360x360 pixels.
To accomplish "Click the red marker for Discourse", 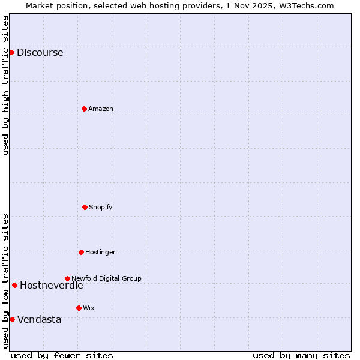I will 11,52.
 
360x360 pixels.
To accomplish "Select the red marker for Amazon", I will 84,109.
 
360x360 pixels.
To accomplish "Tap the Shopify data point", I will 85,207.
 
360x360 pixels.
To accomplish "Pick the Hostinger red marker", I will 81,252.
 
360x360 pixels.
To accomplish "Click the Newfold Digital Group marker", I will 67,278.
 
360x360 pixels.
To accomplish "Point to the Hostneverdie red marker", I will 14,285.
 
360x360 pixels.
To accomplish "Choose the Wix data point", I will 79,308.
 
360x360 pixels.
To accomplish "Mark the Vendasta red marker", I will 12,319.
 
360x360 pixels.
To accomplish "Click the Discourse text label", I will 40,52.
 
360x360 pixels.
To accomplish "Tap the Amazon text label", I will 101,109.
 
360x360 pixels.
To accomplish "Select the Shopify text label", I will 101,207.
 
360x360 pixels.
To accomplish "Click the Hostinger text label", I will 100,252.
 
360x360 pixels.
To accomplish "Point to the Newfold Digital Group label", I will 106,278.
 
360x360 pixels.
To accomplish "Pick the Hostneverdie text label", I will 51,285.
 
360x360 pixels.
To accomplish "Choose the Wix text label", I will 89,308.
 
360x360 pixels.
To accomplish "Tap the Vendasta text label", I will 39,319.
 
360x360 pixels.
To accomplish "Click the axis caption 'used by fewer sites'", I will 62,355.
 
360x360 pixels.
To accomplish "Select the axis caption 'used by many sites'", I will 301,355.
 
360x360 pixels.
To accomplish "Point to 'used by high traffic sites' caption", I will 5,85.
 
